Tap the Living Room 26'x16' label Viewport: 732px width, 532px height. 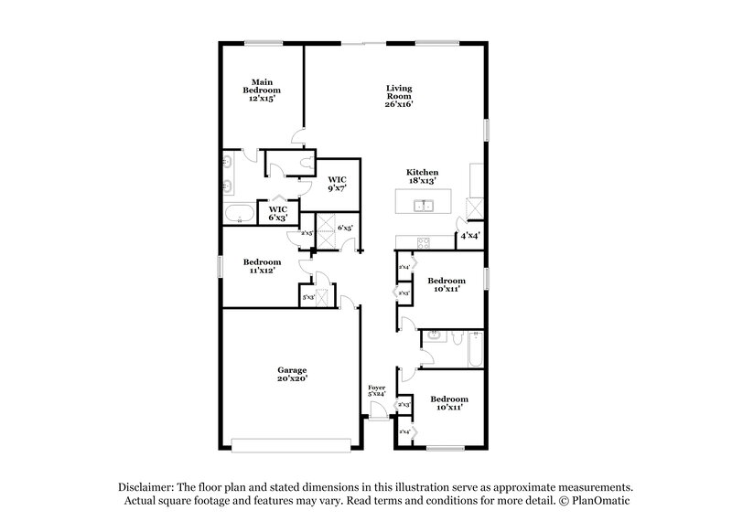[x=399, y=96]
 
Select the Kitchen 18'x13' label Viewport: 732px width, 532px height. [x=423, y=176]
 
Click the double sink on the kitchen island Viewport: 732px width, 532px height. [x=423, y=205]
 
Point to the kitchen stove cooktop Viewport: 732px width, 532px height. [x=423, y=242]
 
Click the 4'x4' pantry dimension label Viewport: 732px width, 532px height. [x=470, y=236]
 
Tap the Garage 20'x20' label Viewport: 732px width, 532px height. [x=293, y=374]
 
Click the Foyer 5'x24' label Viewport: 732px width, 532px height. [x=377, y=390]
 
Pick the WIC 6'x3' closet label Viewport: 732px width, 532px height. [x=276, y=213]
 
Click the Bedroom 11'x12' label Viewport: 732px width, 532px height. [x=262, y=266]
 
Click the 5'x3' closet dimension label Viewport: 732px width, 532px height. [x=308, y=297]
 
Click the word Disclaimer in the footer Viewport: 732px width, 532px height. [x=146, y=487]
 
